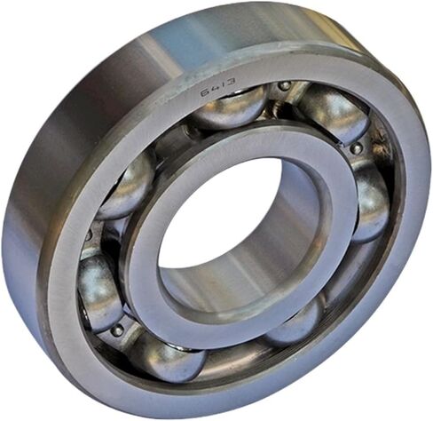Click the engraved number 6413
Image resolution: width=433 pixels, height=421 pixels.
pos(218,88)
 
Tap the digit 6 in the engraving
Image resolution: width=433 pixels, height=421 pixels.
pos(205,93)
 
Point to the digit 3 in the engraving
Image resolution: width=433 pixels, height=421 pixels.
pos(231,82)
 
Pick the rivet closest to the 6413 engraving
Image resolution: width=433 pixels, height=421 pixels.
pos(285,86)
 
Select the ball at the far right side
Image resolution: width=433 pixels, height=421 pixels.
pos(370,202)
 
